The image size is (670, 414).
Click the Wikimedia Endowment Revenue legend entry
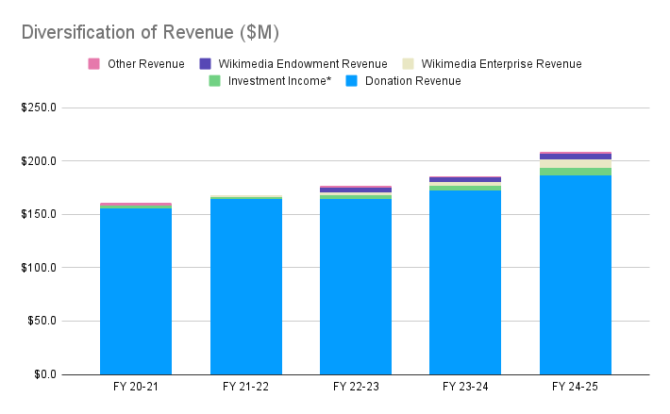(293, 64)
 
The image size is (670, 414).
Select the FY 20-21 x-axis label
(136, 388)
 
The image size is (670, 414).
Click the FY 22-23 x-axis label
(356, 388)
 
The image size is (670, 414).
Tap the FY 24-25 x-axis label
(576, 388)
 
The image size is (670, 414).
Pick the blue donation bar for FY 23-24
(465, 283)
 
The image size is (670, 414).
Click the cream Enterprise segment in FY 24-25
(576, 164)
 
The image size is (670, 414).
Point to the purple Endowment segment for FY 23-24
(465, 179)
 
